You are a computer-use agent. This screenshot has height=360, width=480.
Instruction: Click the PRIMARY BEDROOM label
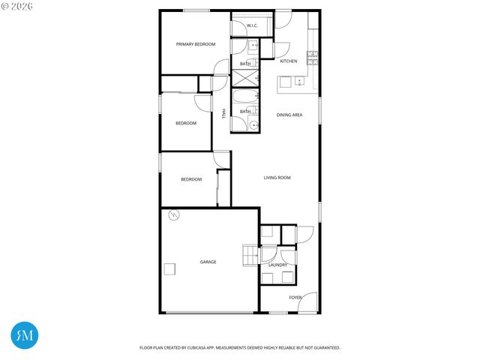(195, 44)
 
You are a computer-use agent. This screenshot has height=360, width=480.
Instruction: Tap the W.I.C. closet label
(252, 26)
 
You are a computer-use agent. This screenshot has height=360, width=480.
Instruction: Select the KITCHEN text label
(288, 61)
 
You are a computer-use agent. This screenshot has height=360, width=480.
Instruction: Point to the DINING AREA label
(289, 115)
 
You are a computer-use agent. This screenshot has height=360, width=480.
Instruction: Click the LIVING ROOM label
(277, 178)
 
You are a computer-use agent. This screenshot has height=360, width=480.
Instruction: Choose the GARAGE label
(208, 262)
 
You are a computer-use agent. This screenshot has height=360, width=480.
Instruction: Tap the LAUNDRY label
(277, 265)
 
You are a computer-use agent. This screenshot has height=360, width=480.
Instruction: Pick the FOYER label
(295, 297)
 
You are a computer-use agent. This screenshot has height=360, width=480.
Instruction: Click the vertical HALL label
(223, 113)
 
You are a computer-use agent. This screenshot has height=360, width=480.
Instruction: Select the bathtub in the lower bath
(244, 99)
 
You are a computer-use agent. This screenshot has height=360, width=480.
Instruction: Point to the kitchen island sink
(298, 82)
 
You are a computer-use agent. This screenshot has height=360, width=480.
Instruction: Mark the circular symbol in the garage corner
(173, 216)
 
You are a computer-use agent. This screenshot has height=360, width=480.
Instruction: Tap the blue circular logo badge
(25, 335)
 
